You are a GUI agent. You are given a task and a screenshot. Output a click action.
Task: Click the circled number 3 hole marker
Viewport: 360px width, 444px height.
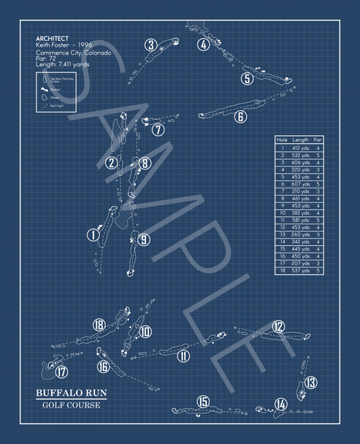click(x=150, y=45)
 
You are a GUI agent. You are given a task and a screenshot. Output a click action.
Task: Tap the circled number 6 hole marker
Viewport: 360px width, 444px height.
click(x=241, y=116)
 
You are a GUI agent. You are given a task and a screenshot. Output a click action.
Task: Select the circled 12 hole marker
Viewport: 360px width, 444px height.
click(x=278, y=326)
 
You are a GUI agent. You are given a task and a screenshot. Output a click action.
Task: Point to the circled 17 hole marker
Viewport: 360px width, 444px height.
click(x=61, y=372)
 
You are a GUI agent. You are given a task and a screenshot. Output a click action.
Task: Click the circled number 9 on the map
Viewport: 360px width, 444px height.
click(x=143, y=239)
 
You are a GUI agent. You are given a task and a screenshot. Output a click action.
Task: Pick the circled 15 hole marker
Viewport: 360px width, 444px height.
click(x=202, y=402)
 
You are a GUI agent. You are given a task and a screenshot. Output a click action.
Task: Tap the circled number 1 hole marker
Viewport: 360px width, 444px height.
click(x=93, y=234)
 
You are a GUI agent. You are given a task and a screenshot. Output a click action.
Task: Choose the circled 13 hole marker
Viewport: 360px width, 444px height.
click(x=310, y=382)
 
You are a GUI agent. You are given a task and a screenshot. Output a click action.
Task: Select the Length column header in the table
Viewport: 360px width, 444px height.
click(x=300, y=139)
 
